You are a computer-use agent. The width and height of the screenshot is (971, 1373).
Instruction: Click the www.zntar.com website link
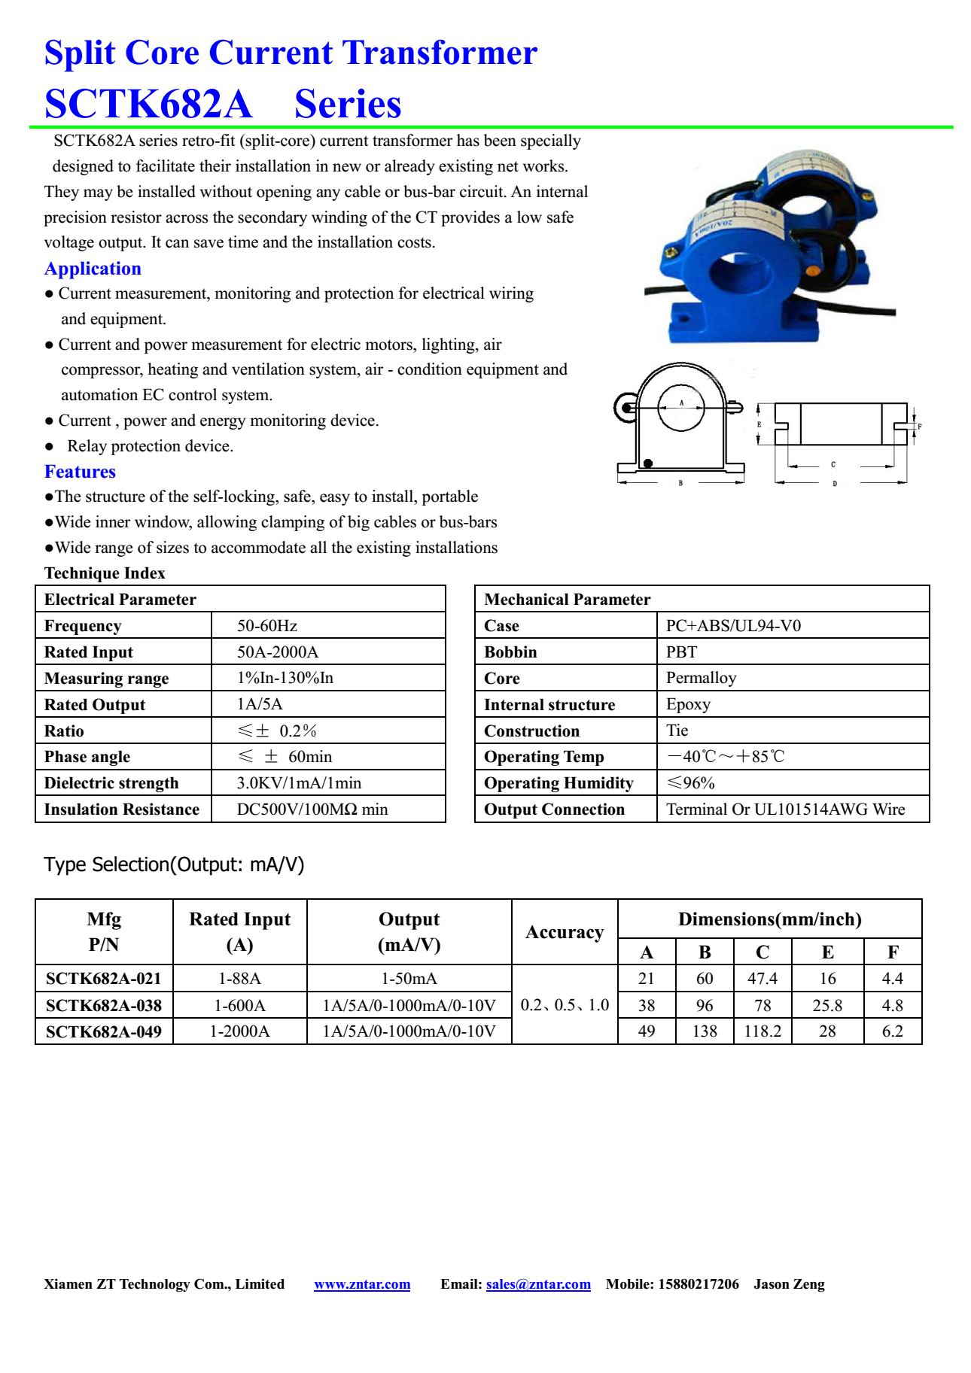pyautogui.click(x=362, y=1284)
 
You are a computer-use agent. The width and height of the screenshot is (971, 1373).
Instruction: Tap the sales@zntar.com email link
pyautogui.click(x=538, y=1284)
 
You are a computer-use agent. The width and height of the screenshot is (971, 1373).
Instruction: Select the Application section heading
pyautogui.click(x=93, y=269)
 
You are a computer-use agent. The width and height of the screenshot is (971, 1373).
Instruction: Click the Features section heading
pyautogui.click(x=80, y=472)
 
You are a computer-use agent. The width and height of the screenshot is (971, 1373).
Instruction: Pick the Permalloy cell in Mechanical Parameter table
pyautogui.click(x=701, y=678)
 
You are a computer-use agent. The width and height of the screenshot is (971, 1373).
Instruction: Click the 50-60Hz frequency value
pyautogui.click(x=267, y=626)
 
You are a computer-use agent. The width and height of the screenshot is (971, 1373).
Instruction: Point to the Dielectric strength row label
pyautogui.click(x=111, y=783)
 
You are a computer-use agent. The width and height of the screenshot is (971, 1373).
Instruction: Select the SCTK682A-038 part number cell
pyautogui.click(x=104, y=1005)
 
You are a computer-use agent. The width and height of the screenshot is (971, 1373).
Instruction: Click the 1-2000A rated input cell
pyautogui.click(x=239, y=1031)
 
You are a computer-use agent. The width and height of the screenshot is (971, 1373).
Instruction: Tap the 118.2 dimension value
pyautogui.click(x=762, y=1031)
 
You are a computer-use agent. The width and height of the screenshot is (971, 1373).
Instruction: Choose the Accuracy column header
pyautogui.click(x=565, y=932)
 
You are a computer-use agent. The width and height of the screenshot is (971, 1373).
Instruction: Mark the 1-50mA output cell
pyautogui.click(x=409, y=979)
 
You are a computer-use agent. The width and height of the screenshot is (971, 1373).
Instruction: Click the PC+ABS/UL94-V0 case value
pyautogui.click(x=733, y=626)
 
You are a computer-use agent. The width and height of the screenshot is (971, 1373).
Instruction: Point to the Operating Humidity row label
pyautogui.click(x=559, y=783)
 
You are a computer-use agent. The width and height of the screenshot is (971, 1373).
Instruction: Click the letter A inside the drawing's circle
pyautogui.click(x=681, y=403)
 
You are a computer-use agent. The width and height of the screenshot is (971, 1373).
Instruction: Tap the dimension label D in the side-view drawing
pyautogui.click(x=835, y=484)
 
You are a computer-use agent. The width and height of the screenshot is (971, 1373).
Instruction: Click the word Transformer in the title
pyautogui.click(x=440, y=53)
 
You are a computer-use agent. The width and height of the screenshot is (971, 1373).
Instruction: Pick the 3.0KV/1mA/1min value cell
pyautogui.click(x=299, y=783)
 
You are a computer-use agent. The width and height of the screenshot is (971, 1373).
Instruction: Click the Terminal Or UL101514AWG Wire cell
pyautogui.click(x=785, y=810)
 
